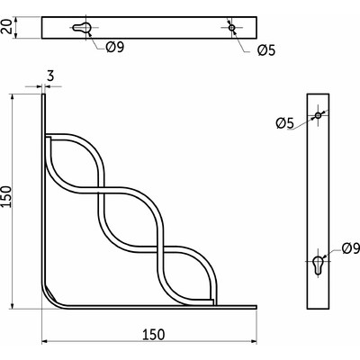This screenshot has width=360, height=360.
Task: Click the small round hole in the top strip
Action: [232, 28]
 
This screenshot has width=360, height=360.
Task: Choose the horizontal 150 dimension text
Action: [152, 334]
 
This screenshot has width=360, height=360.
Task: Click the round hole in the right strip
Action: [319, 116]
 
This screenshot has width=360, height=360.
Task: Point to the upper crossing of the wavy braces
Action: [100, 188]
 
